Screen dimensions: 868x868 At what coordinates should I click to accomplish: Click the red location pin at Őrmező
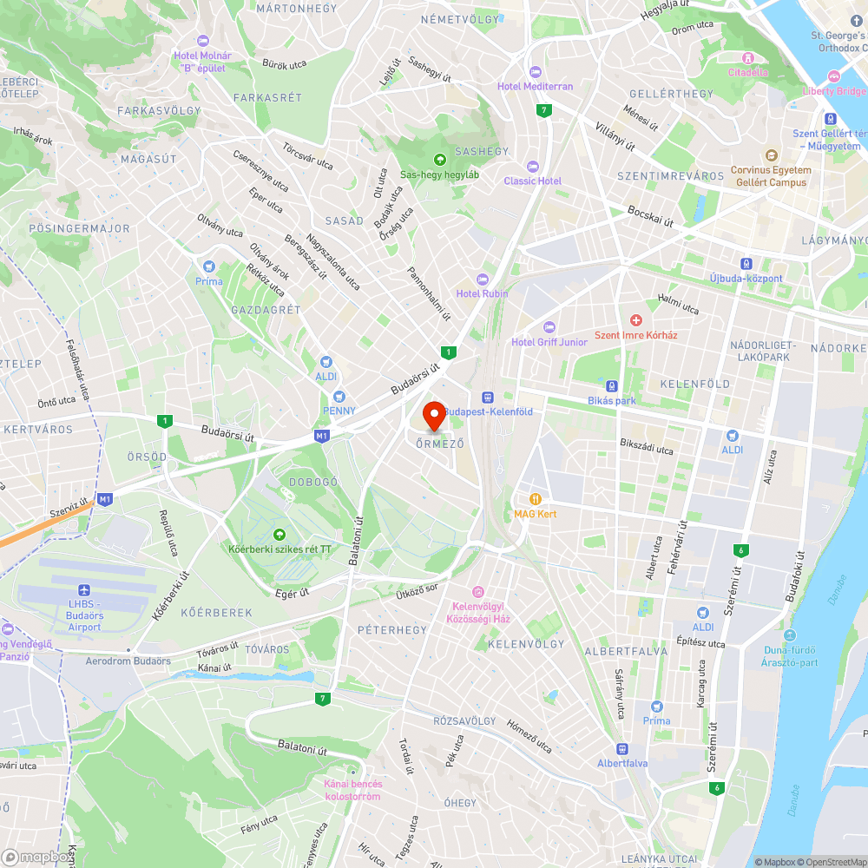coord(434,415)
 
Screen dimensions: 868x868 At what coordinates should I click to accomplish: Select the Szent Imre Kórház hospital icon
coord(636,321)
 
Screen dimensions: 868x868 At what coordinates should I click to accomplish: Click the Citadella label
coord(747,72)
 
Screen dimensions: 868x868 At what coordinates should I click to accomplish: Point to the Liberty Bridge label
coord(834,91)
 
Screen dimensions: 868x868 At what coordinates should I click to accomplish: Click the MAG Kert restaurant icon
coord(536,499)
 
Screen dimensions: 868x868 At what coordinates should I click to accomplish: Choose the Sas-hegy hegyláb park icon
coord(439,159)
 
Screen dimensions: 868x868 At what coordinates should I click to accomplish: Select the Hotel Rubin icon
coord(483,279)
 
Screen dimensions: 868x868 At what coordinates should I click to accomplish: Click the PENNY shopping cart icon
coord(339,396)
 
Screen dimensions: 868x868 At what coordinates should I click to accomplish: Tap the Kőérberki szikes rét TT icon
coord(279,535)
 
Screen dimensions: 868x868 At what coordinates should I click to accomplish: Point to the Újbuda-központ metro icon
coord(746,264)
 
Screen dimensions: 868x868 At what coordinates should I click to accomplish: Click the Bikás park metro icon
coord(612,386)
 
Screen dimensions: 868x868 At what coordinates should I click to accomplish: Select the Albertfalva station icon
coord(621,749)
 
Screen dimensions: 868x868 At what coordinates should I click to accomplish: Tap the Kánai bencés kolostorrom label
coord(352,790)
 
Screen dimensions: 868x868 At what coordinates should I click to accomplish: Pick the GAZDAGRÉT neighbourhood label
coord(266,310)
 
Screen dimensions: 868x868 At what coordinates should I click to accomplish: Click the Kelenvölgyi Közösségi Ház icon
coord(477,591)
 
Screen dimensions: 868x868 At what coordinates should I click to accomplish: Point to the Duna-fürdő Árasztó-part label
coord(790,656)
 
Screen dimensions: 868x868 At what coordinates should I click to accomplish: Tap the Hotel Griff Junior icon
coord(548,327)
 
